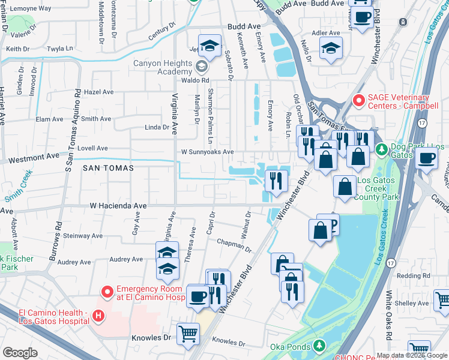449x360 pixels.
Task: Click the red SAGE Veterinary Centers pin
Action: click(x=359, y=101)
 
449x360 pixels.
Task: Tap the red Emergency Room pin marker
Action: click(x=107, y=292)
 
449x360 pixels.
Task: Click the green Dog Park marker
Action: click(x=379, y=148)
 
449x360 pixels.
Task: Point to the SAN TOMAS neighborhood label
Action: click(x=108, y=169)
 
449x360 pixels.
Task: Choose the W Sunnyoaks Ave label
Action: click(x=207, y=152)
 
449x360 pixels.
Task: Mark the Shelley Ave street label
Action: click(x=412, y=304)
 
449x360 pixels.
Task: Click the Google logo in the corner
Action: click(x=20, y=353)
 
